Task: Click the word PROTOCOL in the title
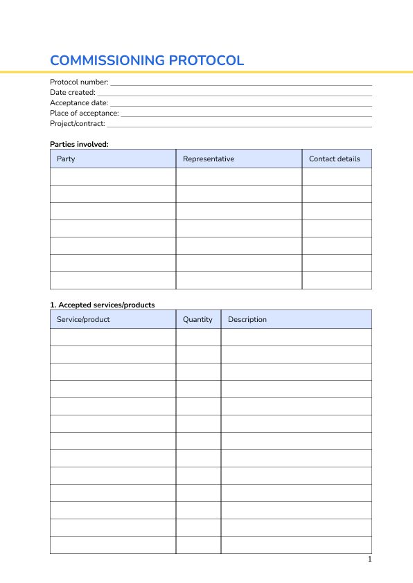click(x=207, y=60)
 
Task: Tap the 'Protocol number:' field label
click(x=79, y=82)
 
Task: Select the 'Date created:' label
click(x=73, y=92)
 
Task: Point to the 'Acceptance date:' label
click(x=79, y=102)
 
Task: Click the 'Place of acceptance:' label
click(x=85, y=113)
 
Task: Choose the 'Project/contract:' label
click(x=78, y=123)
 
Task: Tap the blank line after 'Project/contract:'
click(x=239, y=125)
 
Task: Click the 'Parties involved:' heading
click(x=80, y=144)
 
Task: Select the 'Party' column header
click(x=66, y=159)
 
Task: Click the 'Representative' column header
click(x=209, y=159)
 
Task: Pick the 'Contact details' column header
click(x=335, y=159)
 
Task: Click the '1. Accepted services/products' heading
click(x=103, y=305)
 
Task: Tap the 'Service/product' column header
click(x=83, y=319)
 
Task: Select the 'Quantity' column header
click(x=197, y=319)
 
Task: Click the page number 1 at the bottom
click(x=370, y=559)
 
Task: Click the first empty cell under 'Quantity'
click(x=198, y=337)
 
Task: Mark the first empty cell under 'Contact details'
click(x=337, y=177)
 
